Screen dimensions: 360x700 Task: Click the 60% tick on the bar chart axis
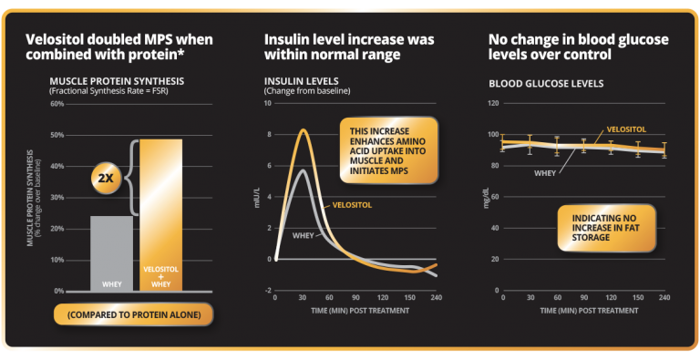coord(57,104)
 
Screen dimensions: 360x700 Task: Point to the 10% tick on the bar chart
coord(57,260)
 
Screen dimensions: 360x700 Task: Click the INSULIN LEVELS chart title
coord(294,81)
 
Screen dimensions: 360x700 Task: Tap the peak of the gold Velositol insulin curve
coord(303,129)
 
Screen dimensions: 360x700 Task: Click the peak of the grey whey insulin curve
coord(302,170)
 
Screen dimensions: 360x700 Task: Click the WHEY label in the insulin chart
coord(304,235)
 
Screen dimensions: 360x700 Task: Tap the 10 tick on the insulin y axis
coord(267,104)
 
